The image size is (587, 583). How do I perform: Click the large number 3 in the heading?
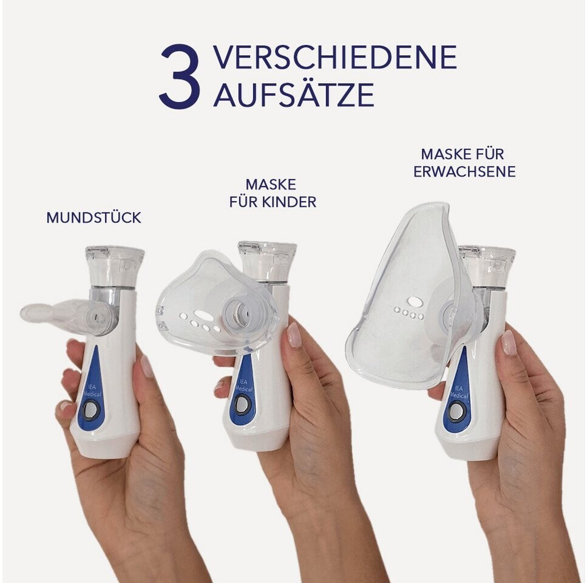tap(178, 77)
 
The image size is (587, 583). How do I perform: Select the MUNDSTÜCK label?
tap(93, 217)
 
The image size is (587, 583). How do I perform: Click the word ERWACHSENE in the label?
tap(464, 172)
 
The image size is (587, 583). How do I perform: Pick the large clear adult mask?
tap(412, 296)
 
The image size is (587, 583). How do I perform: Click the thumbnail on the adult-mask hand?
tap(508, 343)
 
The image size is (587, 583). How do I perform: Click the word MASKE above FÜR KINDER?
tap(271, 185)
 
